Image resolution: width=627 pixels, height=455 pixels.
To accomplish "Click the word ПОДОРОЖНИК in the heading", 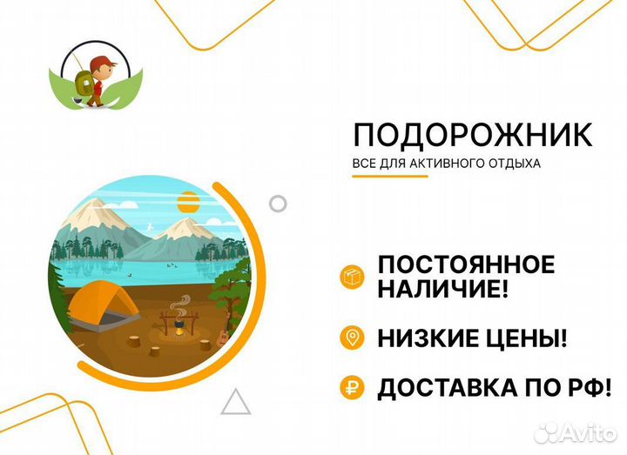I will pyautogui.click(x=473, y=137).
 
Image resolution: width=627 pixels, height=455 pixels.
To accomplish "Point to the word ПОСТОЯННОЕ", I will pyautogui.click(x=466, y=265).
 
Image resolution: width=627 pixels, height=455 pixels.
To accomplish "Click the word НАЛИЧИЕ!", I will pyautogui.click(x=442, y=291).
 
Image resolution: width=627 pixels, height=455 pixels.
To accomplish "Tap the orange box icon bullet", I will pyautogui.click(x=353, y=278).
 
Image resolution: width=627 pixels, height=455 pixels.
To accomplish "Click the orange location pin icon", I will pyautogui.click(x=353, y=338).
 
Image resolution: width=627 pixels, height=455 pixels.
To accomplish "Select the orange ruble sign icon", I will pyautogui.click(x=353, y=388).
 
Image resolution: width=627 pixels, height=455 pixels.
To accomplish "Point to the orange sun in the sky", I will pyautogui.click(x=189, y=205).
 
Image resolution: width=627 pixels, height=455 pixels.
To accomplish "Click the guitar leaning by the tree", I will pyautogui.click(x=226, y=333).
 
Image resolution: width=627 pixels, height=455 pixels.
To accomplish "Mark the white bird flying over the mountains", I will pyautogui.click(x=154, y=224).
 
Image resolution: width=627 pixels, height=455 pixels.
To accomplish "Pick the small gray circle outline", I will pyautogui.click(x=278, y=204).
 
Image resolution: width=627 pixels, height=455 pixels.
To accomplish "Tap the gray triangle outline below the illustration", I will pyautogui.click(x=235, y=402).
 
